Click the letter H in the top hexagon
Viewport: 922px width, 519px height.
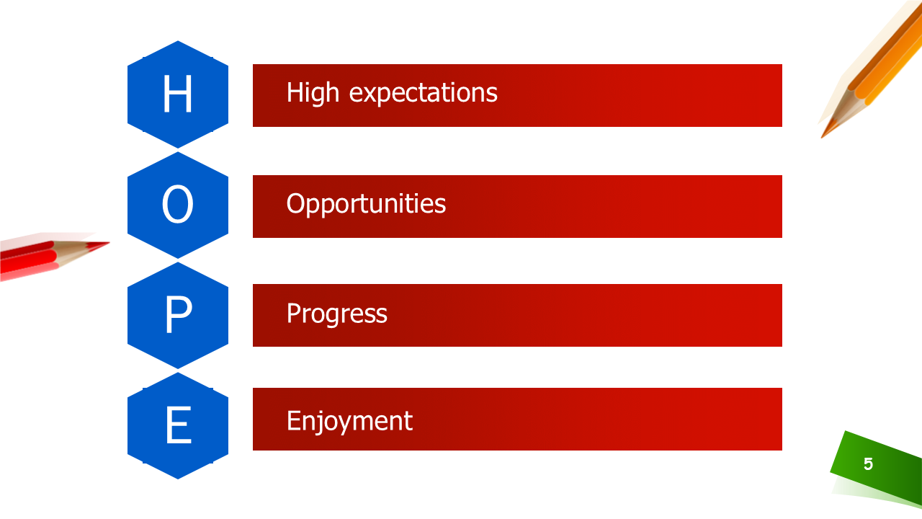click(x=177, y=94)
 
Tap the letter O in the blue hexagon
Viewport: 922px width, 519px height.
click(x=177, y=204)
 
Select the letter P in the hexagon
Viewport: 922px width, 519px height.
click(x=179, y=314)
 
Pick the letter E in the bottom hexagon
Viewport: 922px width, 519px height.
click(x=179, y=425)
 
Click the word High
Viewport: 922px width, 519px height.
click(x=313, y=94)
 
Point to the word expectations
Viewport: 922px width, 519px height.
click(x=423, y=94)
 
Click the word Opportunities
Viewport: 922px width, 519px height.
click(x=366, y=205)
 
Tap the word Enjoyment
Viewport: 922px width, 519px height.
click(x=349, y=422)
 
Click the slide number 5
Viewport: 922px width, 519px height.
click(x=868, y=464)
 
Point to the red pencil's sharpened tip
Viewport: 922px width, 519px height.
click(x=109, y=243)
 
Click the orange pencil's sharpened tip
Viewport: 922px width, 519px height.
click(x=822, y=137)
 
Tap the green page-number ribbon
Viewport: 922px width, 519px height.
click(x=877, y=466)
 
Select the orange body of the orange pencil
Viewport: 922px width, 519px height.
click(x=889, y=58)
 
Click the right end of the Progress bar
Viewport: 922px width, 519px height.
click(x=782, y=315)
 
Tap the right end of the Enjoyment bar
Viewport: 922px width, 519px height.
click(x=782, y=419)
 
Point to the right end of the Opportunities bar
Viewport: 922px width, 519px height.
click(x=782, y=206)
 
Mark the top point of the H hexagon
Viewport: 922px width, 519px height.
click(x=178, y=41)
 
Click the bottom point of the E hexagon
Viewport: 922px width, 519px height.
click(x=178, y=479)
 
